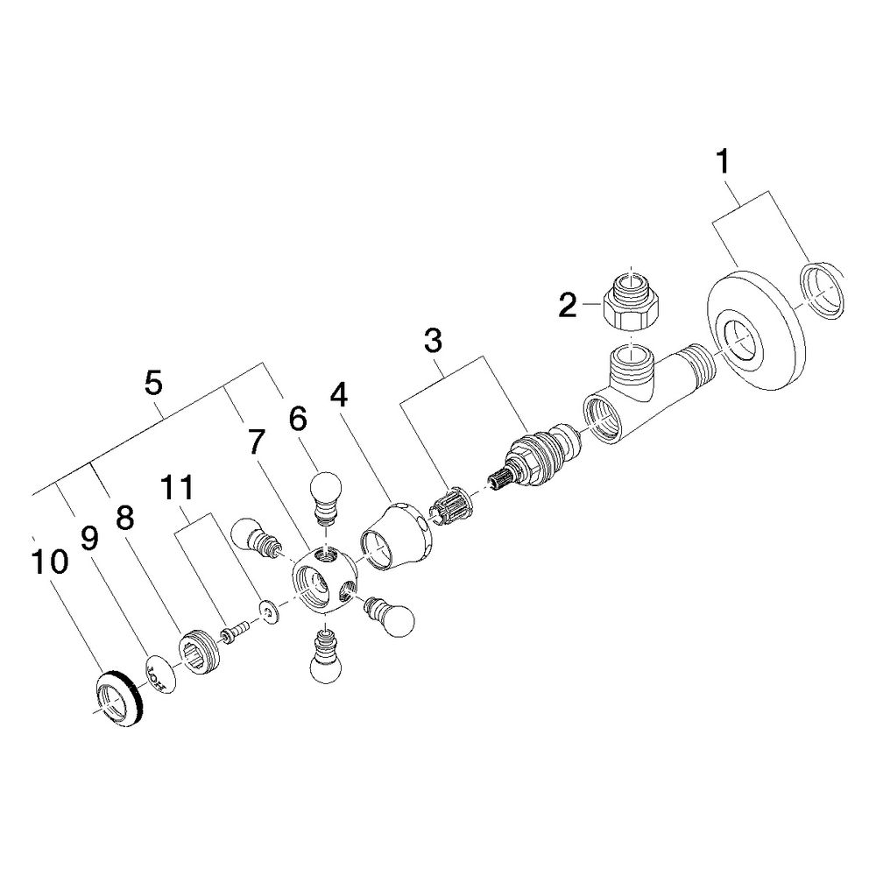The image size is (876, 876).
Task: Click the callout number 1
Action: [723, 161]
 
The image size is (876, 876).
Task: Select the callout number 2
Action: [568, 305]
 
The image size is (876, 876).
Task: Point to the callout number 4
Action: [338, 395]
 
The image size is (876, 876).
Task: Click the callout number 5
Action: [152, 383]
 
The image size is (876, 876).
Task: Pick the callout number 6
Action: [298, 418]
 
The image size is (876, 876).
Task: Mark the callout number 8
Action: [124, 518]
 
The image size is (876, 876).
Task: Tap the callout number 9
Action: [89, 539]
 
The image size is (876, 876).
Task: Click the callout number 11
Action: [177, 488]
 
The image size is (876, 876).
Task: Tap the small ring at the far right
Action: [823, 291]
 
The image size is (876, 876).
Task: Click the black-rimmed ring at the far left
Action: [119, 698]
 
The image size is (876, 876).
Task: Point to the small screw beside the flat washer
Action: [235, 633]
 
